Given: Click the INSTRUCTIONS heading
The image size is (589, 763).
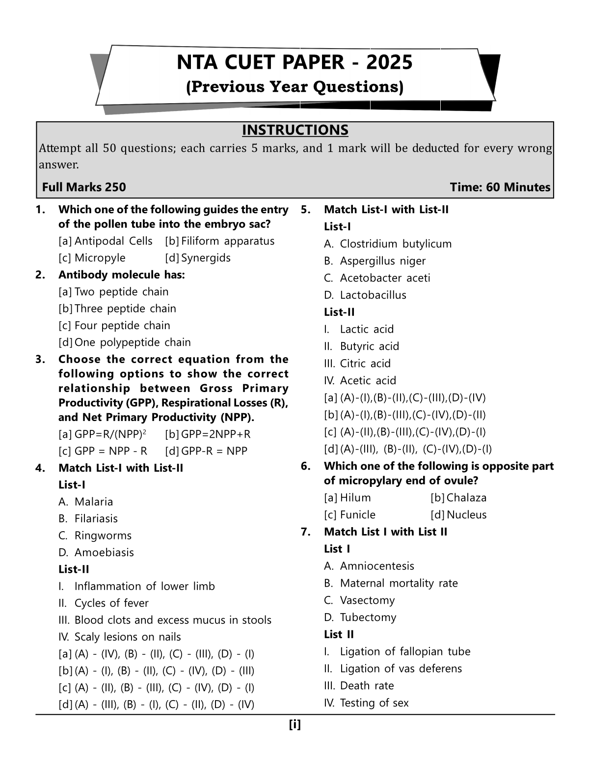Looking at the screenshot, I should pyautogui.click(x=295, y=130).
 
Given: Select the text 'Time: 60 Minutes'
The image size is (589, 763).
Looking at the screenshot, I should pyautogui.click(x=500, y=187).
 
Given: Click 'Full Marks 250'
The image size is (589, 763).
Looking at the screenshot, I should pyautogui.click(x=84, y=187).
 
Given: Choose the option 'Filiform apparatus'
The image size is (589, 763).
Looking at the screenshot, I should pyautogui.click(x=227, y=241).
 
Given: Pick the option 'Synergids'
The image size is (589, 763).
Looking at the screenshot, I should pyautogui.click(x=206, y=258).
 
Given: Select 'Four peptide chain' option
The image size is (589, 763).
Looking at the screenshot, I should pyautogui.click(x=122, y=326).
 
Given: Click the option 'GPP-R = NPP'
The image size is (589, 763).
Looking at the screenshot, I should pyautogui.click(x=214, y=451).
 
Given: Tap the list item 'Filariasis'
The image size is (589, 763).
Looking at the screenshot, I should pyautogui.click(x=96, y=519).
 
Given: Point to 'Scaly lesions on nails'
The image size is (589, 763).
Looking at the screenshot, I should pyautogui.click(x=128, y=637).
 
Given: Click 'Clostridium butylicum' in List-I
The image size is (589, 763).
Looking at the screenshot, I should pyautogui.click(x=396, y=244).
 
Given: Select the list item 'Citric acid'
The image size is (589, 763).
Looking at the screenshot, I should pyautogui.click(x=365, y=364).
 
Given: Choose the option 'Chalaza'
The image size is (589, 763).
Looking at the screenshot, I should pyautogui.click(x=466, y=498).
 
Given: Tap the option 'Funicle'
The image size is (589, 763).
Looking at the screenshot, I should pyautogui.click(x=357, y=515).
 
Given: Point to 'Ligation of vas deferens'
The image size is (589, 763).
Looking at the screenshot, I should pyautogui.click(x=401, y=669).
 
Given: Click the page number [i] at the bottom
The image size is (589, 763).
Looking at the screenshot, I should pyautogui.click(x=294, y=724).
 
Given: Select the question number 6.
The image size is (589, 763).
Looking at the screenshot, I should pyautogui.click(x=306, y=466).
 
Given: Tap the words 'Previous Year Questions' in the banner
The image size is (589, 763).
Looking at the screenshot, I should pyautogui.click(x=294, y=87).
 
